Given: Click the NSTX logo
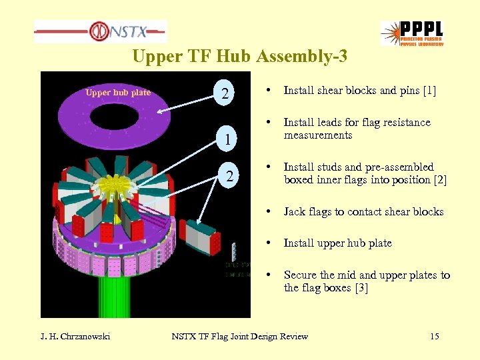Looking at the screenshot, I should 101,31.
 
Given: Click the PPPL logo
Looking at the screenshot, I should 412,33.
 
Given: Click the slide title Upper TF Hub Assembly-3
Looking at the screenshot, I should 239,57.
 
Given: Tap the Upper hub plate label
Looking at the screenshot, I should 118,93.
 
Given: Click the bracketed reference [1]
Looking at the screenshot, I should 429,91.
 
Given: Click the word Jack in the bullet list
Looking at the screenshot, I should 295,212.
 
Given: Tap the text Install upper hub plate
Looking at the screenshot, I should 337,243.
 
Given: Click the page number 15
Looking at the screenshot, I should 435,337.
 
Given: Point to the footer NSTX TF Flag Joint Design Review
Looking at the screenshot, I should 240,337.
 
